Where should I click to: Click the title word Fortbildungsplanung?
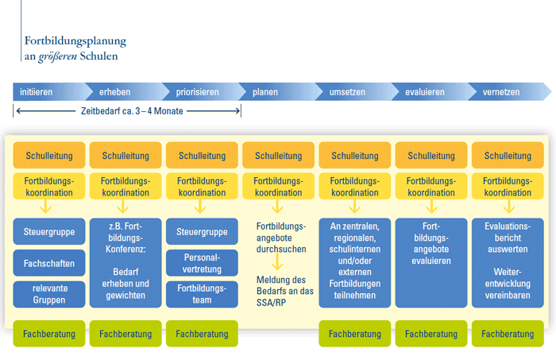75,41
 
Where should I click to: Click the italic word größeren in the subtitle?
60,56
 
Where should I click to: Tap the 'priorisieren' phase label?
198,92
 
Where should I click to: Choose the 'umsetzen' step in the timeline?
347,92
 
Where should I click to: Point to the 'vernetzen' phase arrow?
501,92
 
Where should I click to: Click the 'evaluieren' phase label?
424,92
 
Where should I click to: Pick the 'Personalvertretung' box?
202,263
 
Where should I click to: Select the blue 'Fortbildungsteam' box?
202,293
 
